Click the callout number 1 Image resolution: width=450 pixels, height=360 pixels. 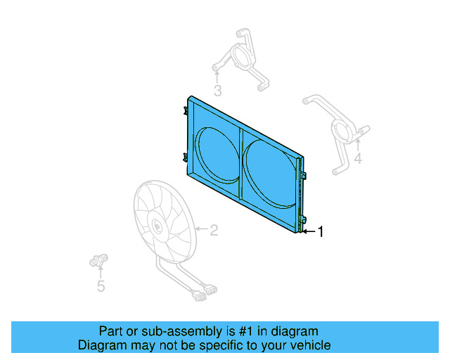tap(321, 231)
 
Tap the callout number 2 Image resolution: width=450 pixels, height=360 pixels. tap(214, 229)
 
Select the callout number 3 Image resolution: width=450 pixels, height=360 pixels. tap(218, 90)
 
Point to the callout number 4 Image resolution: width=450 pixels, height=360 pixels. tap(358, 159)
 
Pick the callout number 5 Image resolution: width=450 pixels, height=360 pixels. tap(101, 286)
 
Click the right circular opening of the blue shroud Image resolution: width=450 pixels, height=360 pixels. tap(269, 172)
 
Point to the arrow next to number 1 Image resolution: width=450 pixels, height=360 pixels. tap(308, 231)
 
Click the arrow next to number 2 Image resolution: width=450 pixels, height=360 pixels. tap(200, 229)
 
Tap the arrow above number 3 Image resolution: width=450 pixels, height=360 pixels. tap(218, 75)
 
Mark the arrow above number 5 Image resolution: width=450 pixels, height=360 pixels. tap(101, 272)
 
